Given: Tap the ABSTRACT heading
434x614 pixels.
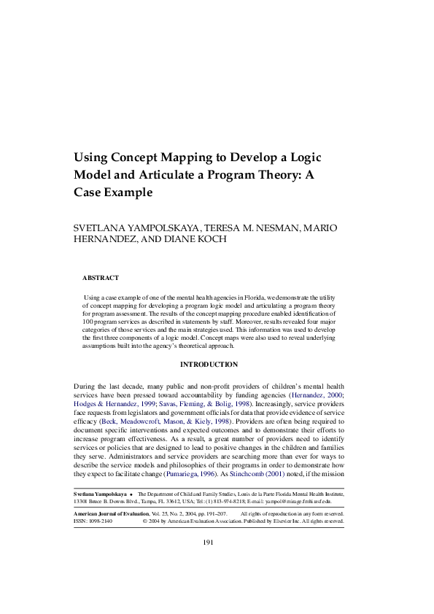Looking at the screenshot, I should point(101,278).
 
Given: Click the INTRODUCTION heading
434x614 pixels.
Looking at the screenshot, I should point(209,365).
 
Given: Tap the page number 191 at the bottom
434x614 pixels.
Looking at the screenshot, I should point(208,542).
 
